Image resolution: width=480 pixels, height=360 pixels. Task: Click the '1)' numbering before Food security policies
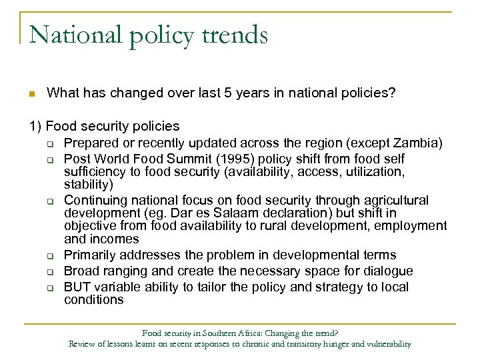(35, 126)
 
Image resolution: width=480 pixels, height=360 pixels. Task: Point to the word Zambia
(417, 143)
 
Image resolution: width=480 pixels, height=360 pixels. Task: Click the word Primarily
(92, 255)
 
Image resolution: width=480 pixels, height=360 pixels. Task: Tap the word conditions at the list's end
(94, 300)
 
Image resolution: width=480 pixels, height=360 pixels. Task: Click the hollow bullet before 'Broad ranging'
(49, 271)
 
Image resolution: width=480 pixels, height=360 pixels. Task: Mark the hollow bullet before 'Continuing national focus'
(49, 201)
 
